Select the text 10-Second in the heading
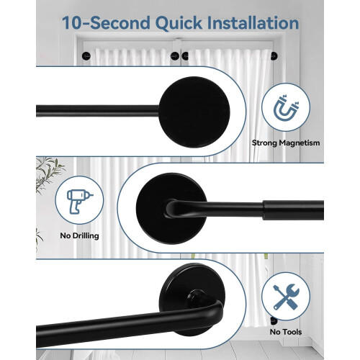[106, 23]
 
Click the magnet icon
[286, 107]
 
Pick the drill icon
[79, 201]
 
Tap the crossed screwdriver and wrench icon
[286, 297]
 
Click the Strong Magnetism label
[286, 143]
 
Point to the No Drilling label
[79, 235]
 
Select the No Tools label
[286, 332]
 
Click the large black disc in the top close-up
[194, 112]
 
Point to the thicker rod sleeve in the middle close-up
[293, 210]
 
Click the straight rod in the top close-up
[97, 111]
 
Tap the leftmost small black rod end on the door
[86, 56]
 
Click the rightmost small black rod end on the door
[274, 56]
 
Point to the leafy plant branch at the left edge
[48, 175]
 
